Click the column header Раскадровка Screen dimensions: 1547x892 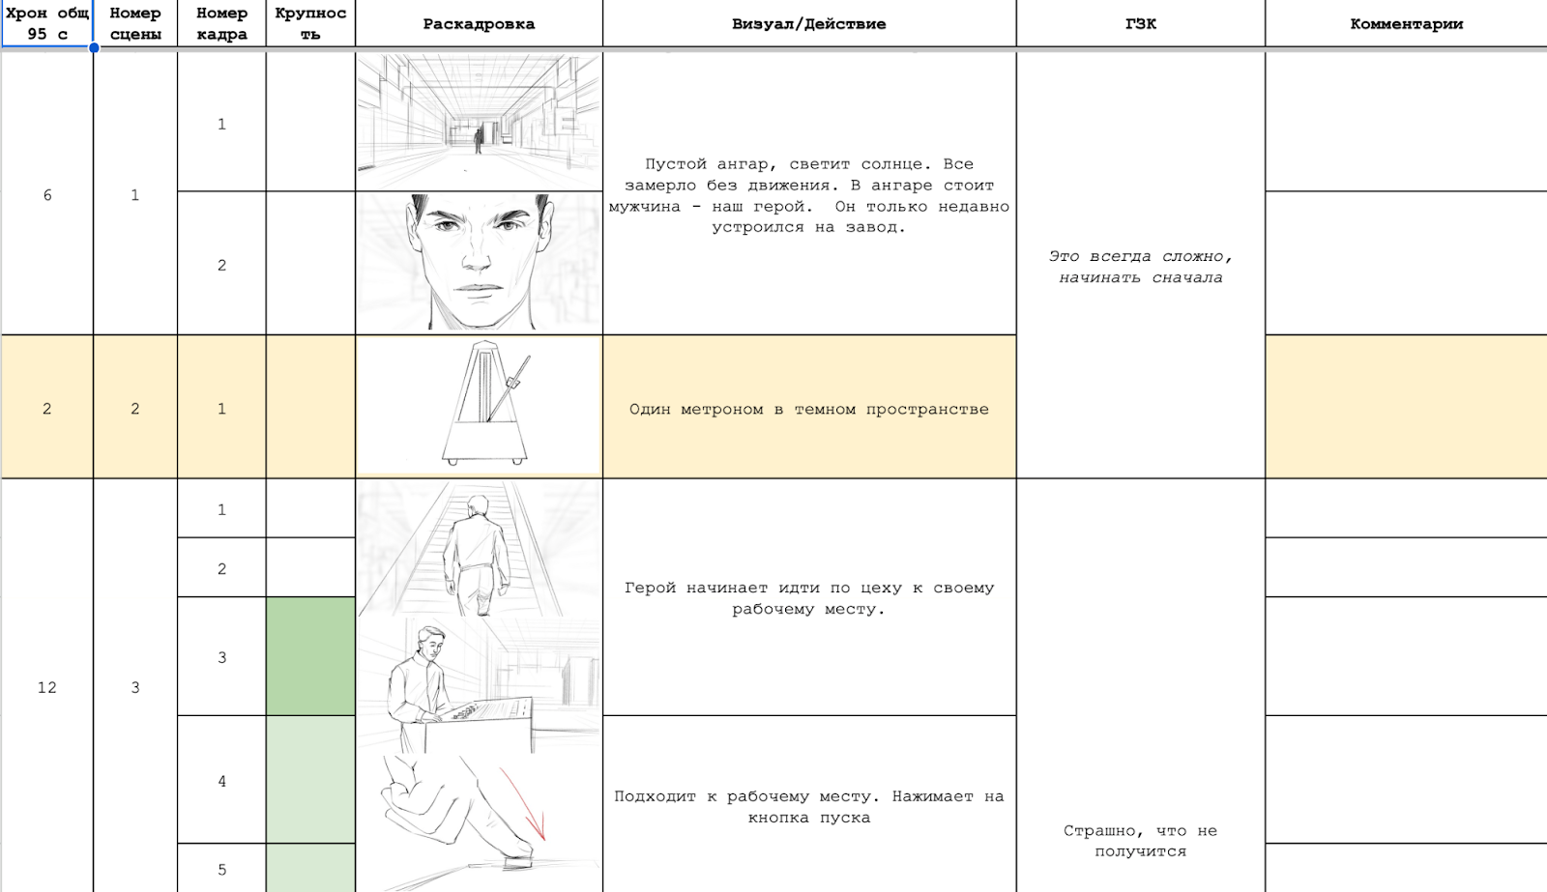coord(479,23)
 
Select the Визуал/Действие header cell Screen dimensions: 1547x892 coord(808,23)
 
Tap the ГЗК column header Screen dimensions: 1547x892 coord(1140,23)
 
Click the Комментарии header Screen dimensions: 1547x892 coord(1406,23)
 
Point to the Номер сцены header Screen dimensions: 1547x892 coord(135,23)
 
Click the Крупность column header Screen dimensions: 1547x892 coord(310,23)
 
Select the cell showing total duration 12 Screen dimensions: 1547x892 coord(47,687)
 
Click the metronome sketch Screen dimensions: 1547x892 coord(486,403)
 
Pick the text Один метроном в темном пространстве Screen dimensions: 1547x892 coord(808,410)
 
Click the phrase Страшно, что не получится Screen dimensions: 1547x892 coord(1140,841)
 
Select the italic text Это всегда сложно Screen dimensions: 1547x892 coord(1140,256)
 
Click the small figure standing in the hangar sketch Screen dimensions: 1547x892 coord(478,140)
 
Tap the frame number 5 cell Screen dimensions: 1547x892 coord(221,869)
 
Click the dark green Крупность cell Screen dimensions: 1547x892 coord(310,656)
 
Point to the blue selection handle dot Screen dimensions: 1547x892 coord(93,47)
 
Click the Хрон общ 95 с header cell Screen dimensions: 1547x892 coord(47,23)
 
